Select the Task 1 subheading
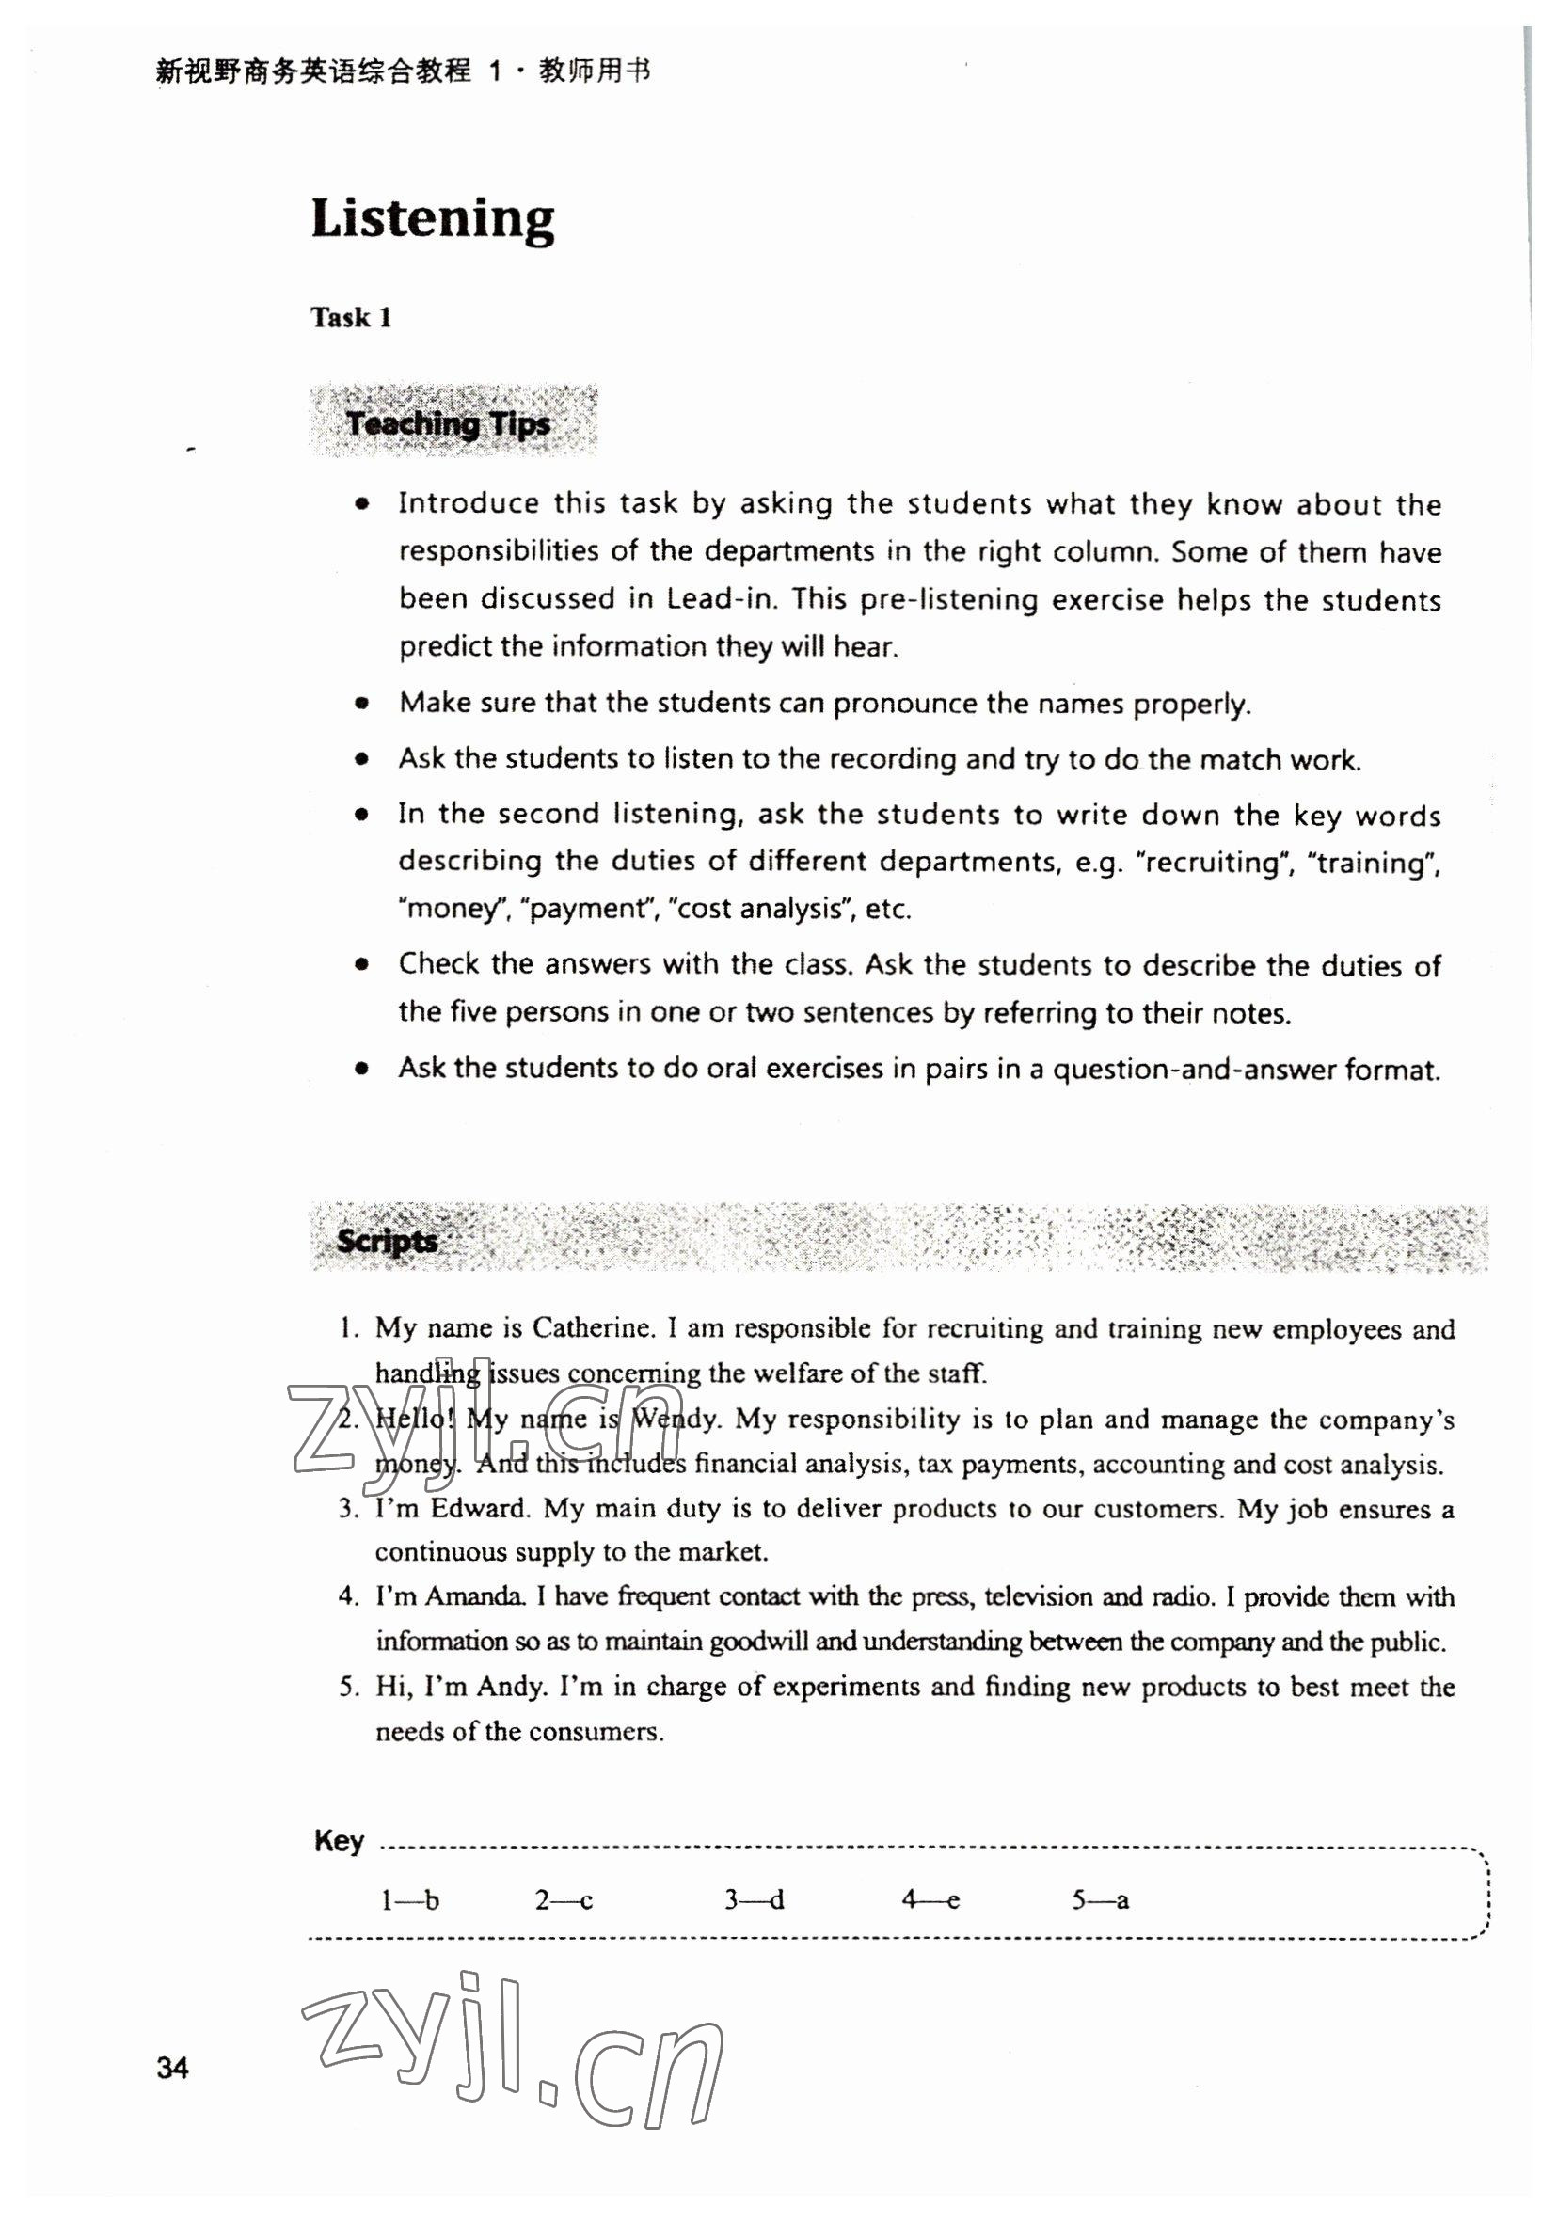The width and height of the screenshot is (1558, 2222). tap(350, 317)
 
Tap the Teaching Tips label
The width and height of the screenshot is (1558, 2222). tap(448, 423)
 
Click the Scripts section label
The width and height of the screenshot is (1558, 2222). tap(386, 1240)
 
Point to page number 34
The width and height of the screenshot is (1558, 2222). tap(172, 2067)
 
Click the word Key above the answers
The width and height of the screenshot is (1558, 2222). tap(339, 1841)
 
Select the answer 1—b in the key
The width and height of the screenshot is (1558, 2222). tap(409, 1900)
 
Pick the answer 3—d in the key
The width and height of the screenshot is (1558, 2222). tap(754, 1900)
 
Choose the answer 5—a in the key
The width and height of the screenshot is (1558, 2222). tap(1100, 1900)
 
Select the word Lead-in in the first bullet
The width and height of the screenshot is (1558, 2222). tap(720, 599)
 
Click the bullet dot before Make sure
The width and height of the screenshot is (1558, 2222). tap(362, 704)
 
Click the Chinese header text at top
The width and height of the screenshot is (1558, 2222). tap(403, 71)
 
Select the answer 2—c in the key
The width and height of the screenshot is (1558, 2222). tap(564, 1900)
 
